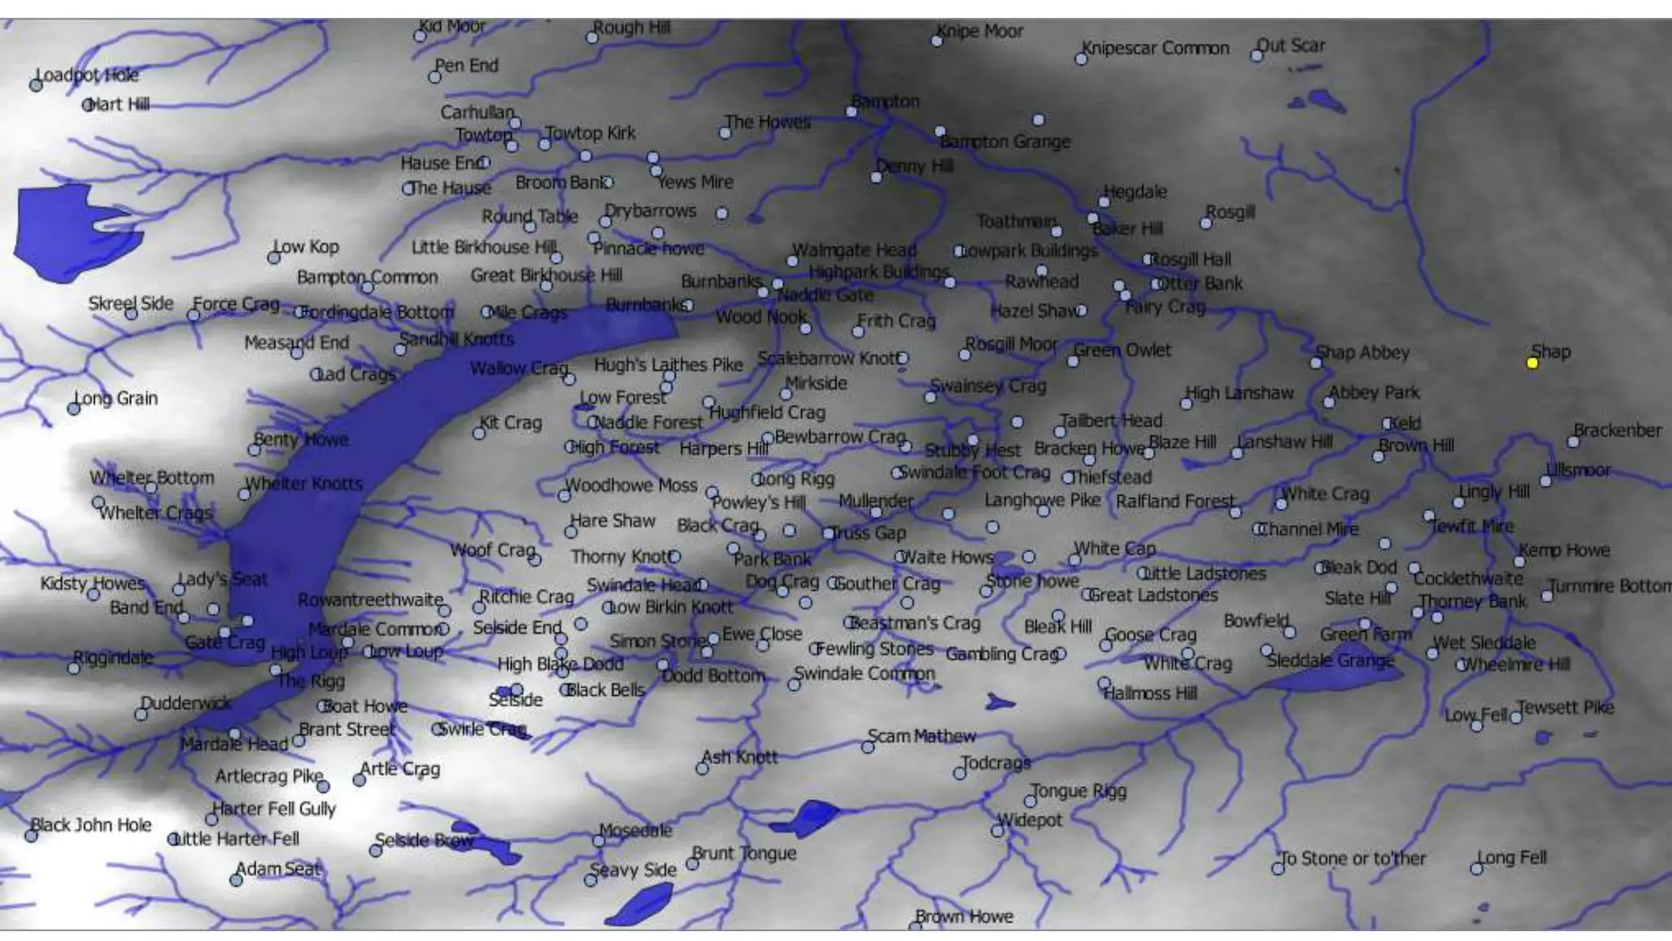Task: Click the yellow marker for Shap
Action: pyautogui.click(x=1532, y=363)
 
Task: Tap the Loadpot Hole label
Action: pyautogui.click(x=87, y=75)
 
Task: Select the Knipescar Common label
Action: pyautogui.click(x=1155, y=48)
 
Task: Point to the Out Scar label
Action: pyautogui.click(x=1292, y=46)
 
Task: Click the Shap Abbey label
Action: pyautogui.click(x=1363, y=353)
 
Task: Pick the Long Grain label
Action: pyautogui.click(x=117, y=399)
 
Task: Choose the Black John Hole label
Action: pyautogui.click(x=91, y=825)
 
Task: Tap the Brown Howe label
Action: pyautogui.click(x=964, y=916)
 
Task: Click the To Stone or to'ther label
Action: pyautogui.click(x=1354, y=858)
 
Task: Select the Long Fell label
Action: pyautogui.click(x=1512, y=858)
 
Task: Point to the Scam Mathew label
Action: pyautogui.click(x=922, y=736)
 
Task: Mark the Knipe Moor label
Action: pyautogui.click(x=981, y=31)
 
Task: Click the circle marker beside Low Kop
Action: pyautogui.click(x=274, y=258)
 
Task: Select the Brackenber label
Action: pyautogui.click(x=1617, y=430)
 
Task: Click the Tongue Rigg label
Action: pyautogui.click(x=1078, y=791)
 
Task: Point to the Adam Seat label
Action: pyautogui.click(x=279, y=869)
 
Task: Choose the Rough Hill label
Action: pyautogui.click(x=632, y=28)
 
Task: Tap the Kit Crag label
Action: pyautogui.click(x=511, y=423)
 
